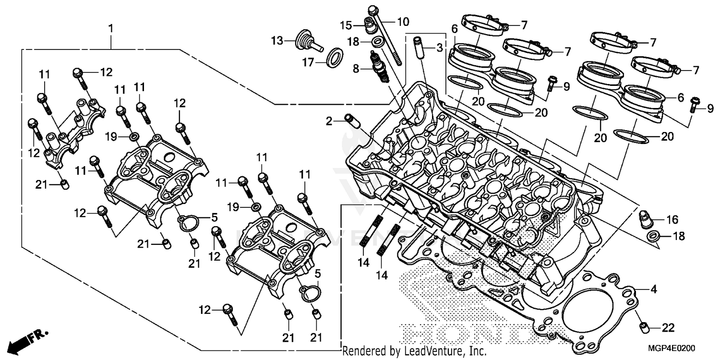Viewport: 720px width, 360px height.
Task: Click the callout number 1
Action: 111,29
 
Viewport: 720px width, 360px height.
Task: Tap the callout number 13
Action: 277,40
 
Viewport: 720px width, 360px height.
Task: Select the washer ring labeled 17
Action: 335,58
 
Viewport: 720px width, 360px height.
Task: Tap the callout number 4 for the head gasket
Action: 653,289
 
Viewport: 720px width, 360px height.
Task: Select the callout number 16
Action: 672,220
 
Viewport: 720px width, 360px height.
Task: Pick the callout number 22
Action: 668,328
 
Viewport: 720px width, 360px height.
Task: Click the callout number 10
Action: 403,21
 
